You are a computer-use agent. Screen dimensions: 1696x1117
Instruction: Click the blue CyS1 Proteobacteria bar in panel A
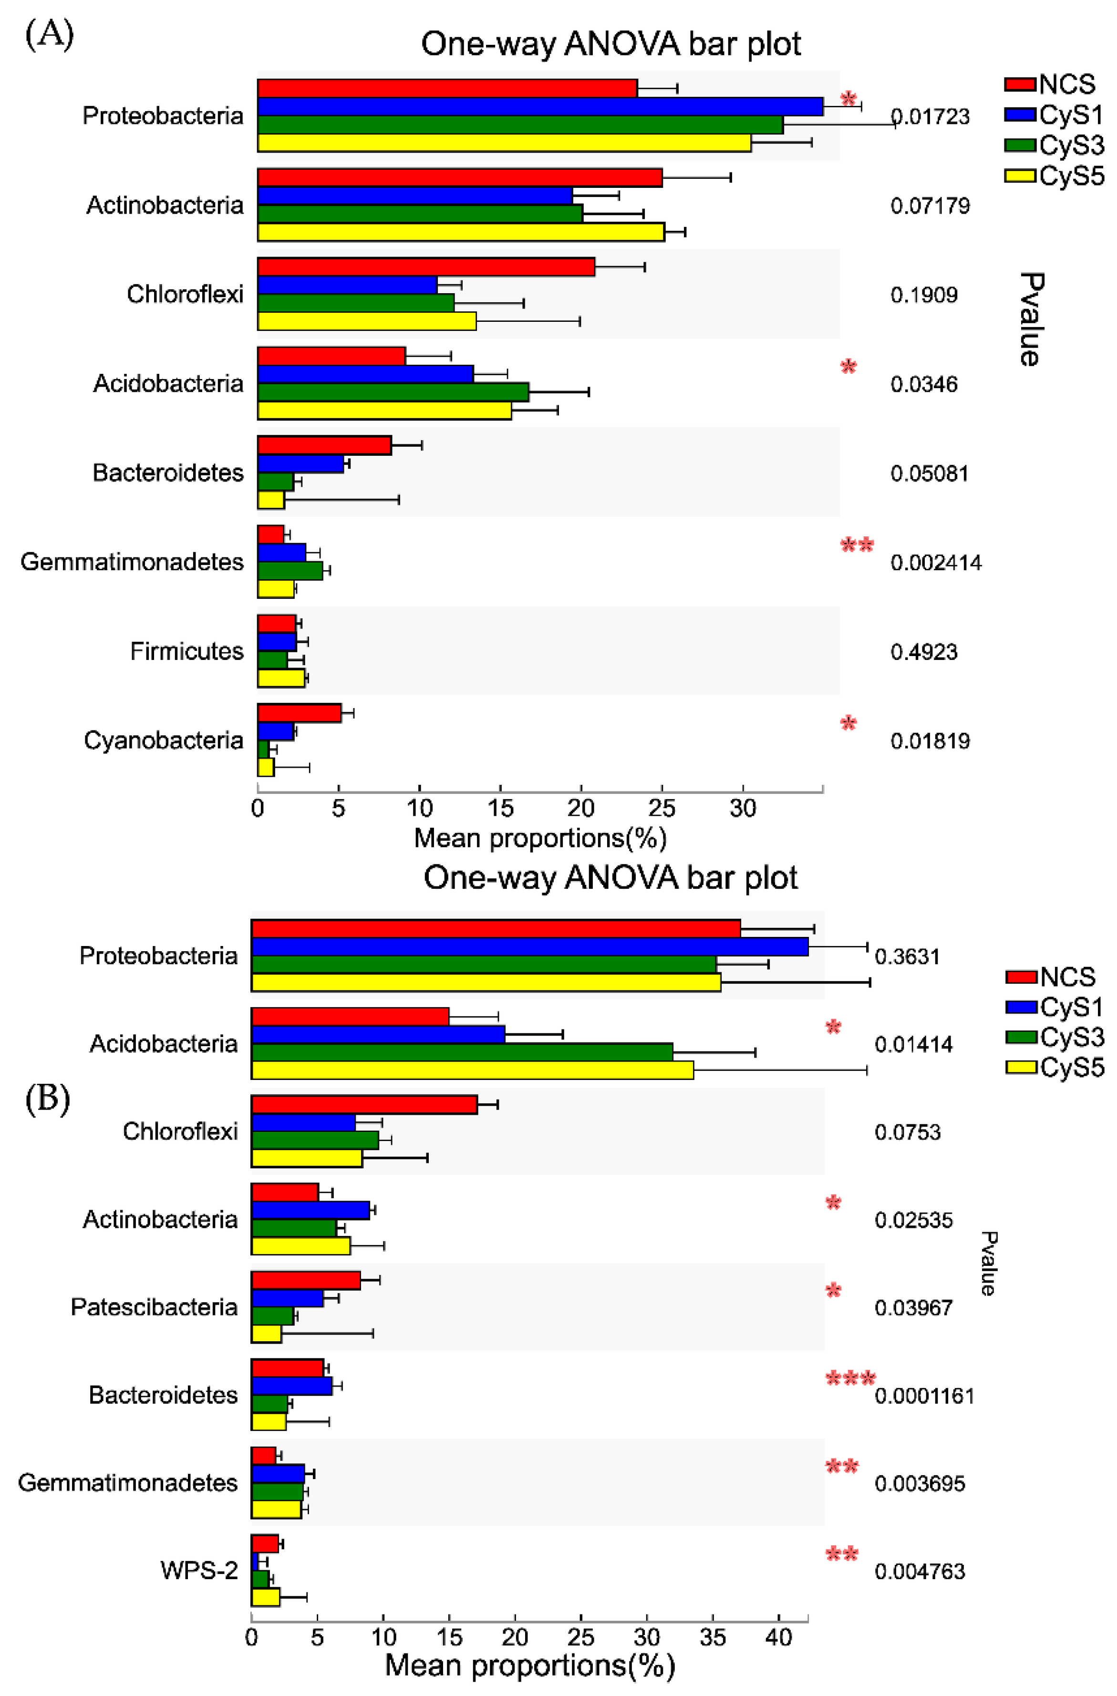click(539, 106)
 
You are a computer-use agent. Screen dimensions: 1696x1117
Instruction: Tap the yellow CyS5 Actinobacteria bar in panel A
click(460, 232)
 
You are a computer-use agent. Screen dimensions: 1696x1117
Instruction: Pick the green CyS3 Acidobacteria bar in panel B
click(462, 1052)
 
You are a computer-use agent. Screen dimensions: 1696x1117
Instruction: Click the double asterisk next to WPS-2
click(841, 1554)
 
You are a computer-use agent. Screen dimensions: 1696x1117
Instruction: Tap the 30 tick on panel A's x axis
click(743, 808)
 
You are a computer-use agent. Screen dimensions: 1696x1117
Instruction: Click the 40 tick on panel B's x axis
click(778, 1637)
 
